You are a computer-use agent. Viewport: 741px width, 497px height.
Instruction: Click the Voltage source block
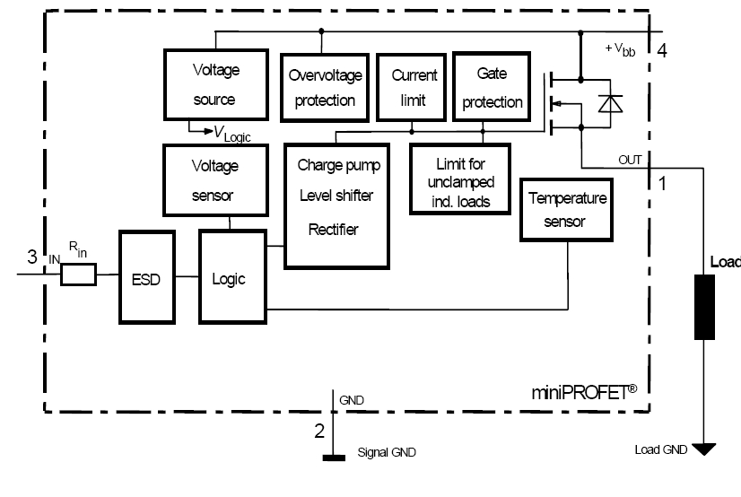click(214, 83)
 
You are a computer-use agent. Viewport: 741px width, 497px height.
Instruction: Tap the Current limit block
click(414, 87)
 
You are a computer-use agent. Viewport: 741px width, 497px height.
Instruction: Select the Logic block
click(228, 277)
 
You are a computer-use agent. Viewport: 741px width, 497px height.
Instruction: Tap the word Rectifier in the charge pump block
click(332, 230)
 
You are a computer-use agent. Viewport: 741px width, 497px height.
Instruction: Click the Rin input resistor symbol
click(77, 276)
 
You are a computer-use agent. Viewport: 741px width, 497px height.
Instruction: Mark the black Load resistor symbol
click(705, 307)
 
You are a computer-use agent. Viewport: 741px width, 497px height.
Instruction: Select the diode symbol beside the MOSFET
click(611, 104)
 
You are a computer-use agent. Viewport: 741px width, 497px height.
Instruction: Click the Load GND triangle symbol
click(705, 449)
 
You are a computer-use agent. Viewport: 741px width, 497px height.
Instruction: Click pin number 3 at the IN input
click(32, 257)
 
